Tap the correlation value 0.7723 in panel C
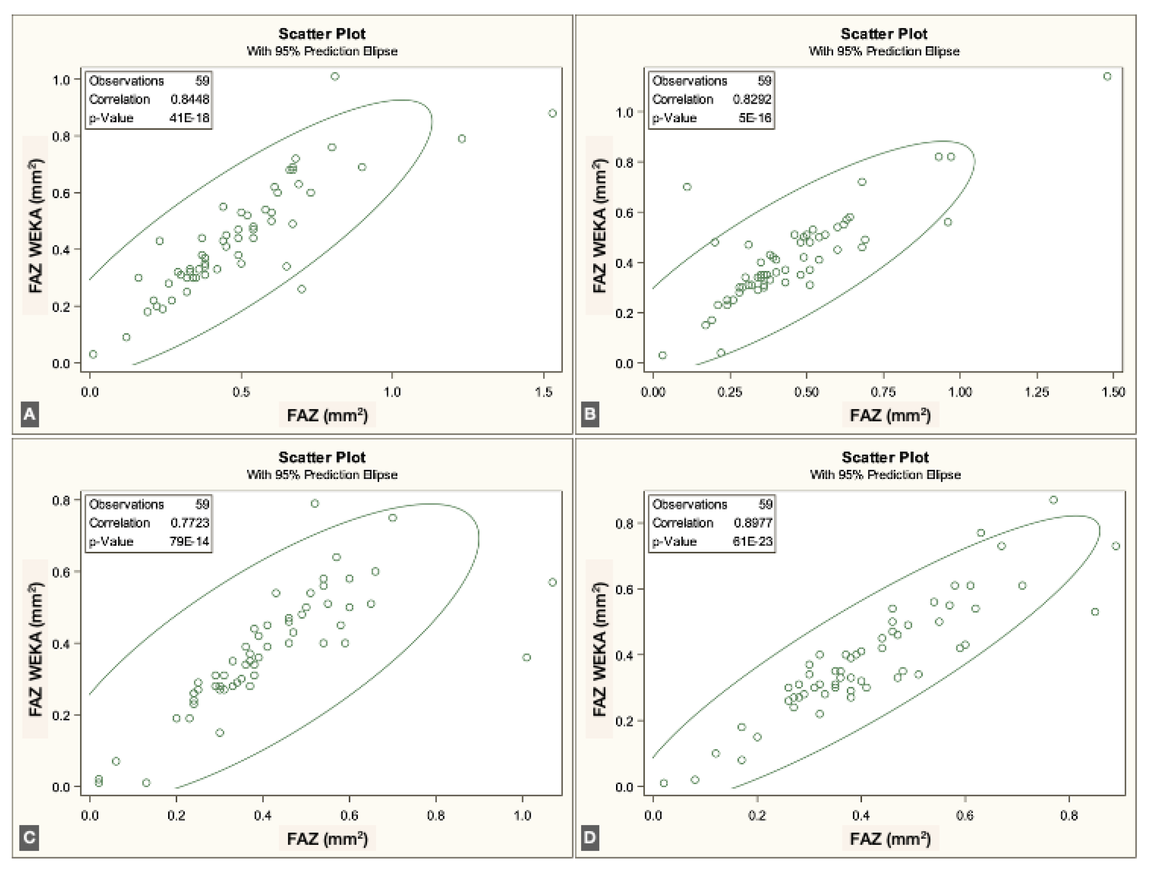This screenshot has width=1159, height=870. click(x=190, y=523)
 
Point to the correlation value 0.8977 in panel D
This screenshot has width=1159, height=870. click(x=753, y=523)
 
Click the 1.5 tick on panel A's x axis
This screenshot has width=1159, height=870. click(x=544, y=392)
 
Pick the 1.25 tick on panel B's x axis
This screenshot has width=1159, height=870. click(x=1037, y=392)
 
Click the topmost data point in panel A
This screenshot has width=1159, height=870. click(x=335, y=76)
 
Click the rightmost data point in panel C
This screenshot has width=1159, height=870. click(x=552, y=582)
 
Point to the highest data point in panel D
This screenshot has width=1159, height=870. click(x=1054, y=500)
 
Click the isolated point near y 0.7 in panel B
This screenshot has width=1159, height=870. click(x=687, y=187)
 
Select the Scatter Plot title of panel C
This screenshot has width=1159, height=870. click(x=322, y=457)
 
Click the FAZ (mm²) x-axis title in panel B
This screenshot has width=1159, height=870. click(x=890, y=415)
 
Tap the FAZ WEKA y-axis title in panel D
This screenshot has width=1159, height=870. click(x=599, y=648)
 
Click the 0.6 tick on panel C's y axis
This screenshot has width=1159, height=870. click(x=61, y=572)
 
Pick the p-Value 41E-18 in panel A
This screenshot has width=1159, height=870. click(x=189, y=118)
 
